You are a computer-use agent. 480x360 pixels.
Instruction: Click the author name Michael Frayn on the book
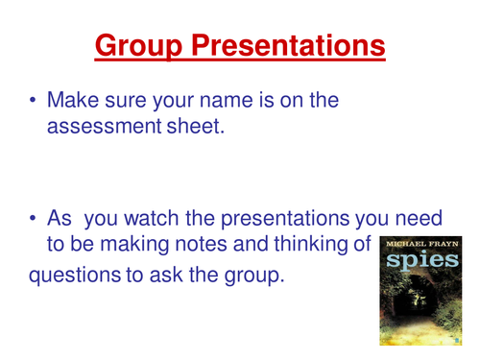[x=418, y=245]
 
